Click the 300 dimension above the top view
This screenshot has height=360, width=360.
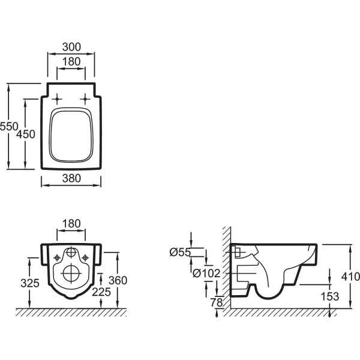[71, 47]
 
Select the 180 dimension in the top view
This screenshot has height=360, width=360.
[71, 61]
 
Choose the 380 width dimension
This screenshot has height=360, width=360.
[71, 178]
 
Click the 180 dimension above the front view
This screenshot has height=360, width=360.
[71, 224]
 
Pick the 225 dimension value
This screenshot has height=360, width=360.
[101, 292]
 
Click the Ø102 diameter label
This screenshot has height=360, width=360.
[206, 273]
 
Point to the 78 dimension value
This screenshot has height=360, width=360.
[216, 301]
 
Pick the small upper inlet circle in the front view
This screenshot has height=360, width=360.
[71, 253]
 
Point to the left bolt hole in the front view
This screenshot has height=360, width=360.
[57, 257]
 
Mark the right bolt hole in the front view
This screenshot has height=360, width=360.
[86, 257]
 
